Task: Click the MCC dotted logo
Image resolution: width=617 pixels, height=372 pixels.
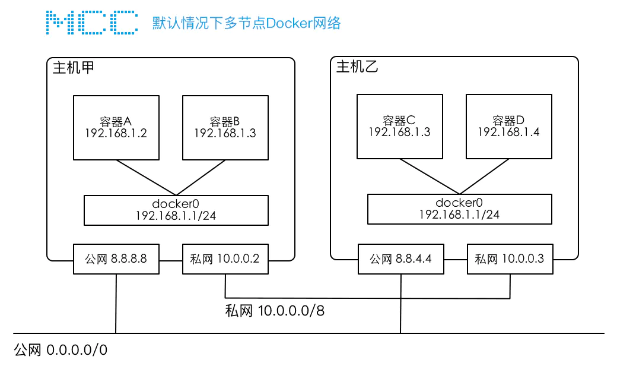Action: point(92,23)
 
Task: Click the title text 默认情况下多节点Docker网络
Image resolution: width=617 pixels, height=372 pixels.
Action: point(246,23)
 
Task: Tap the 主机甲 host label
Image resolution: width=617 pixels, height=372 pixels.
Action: point(74,68)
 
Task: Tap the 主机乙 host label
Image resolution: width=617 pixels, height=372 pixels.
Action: point(357,67)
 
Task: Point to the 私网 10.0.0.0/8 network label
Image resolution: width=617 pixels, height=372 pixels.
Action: point(275,311)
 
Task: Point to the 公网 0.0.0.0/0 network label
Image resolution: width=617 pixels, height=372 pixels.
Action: point(61,350)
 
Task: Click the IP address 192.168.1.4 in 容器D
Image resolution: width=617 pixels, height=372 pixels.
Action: point(508,132)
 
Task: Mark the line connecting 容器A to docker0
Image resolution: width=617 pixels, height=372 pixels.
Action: point(146,177)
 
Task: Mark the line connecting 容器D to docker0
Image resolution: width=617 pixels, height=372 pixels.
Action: point(484,176)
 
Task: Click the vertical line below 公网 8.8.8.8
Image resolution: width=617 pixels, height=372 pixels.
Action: point(116,304)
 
